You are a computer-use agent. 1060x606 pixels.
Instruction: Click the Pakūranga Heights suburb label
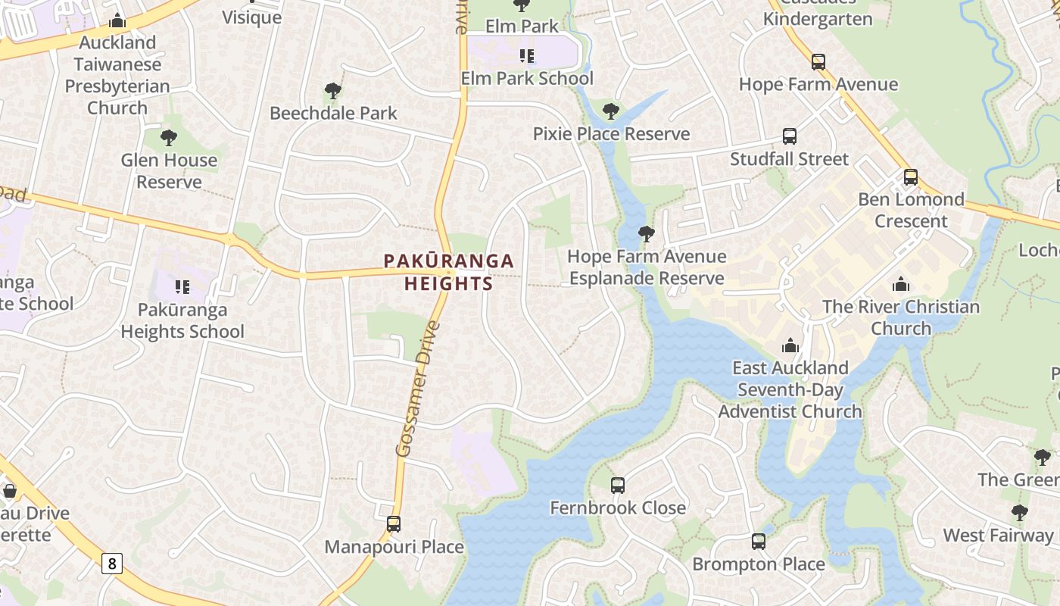pos(448,272)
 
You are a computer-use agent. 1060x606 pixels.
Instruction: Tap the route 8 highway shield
pos(112,563)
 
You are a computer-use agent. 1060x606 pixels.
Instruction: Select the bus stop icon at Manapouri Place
pos(393,523)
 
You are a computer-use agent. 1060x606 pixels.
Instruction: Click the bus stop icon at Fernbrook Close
pos(618,485)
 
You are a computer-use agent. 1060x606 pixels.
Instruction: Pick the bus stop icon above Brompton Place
pos(759,542)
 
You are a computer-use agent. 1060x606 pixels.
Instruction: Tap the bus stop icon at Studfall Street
pos(790,136)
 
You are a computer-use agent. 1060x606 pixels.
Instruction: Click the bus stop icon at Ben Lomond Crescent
pos(911,177)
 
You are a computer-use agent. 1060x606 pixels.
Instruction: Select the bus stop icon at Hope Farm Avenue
pos(818,62)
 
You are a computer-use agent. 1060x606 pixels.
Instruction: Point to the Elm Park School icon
pos(527,55)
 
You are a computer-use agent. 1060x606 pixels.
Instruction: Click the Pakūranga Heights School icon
pos(182,286)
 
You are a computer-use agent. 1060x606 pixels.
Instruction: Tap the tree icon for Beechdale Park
pos(332,92)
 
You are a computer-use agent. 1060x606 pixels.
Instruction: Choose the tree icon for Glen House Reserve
pos(169,138)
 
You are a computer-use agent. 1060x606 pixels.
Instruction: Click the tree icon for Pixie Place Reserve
pos(611,112)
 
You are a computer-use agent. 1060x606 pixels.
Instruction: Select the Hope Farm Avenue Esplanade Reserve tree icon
pos(646,234)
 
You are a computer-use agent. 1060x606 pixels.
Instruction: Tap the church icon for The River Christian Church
pos(901,285)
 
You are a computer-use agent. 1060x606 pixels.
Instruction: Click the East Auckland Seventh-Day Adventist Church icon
pos(790,345)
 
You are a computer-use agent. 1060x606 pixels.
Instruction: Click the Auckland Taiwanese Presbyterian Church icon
pos(117,20)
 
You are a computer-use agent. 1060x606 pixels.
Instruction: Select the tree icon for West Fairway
pos(1020,513)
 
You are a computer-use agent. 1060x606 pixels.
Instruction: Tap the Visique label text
pos(251,17)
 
